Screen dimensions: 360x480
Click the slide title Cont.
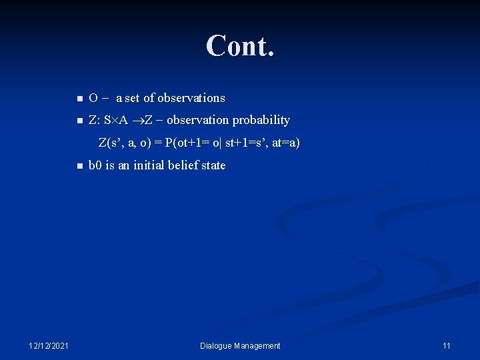240,46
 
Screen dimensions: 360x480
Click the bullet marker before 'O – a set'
79,99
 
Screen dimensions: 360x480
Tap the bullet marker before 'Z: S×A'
79,121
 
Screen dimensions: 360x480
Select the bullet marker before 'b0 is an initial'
79,166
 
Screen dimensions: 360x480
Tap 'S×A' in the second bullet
115,121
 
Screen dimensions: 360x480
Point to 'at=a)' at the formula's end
285,143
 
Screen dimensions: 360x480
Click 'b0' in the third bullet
95,165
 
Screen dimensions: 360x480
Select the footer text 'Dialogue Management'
241,345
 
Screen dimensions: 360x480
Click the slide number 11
446,345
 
